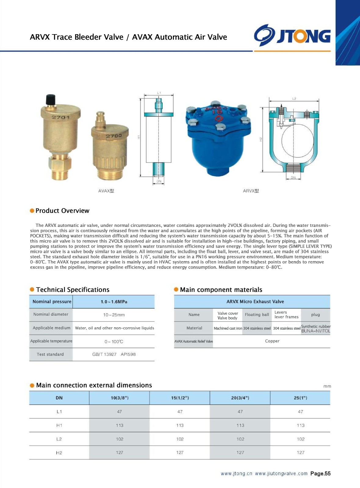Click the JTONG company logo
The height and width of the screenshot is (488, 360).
[292, 36]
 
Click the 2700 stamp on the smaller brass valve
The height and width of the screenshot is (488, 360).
[114, 135]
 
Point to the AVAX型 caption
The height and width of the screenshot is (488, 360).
[106, 191]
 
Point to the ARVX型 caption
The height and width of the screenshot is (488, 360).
[251, 191]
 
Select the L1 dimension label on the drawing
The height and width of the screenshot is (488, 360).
[159, 93]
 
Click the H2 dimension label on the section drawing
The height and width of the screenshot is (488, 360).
[261, 139]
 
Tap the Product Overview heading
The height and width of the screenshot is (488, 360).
[62, 211]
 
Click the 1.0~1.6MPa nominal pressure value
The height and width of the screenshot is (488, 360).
[114, 302]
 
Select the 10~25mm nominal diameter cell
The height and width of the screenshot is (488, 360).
[114, 315]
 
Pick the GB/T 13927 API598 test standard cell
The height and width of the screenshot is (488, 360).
[114, 354]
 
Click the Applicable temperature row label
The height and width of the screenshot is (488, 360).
[51, 341]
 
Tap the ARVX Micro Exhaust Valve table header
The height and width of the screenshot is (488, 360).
[255, 302]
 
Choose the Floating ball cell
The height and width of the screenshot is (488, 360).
[257, 315]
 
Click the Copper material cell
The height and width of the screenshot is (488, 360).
[272, 341]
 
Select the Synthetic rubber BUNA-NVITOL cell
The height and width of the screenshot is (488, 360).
[315, 328]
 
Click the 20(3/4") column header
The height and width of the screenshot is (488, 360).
[240, 398]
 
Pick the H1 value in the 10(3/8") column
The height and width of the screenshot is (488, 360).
[120, 425]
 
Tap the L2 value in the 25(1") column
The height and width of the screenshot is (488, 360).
[301, 439]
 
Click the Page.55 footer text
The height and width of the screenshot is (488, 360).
[320, 473]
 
